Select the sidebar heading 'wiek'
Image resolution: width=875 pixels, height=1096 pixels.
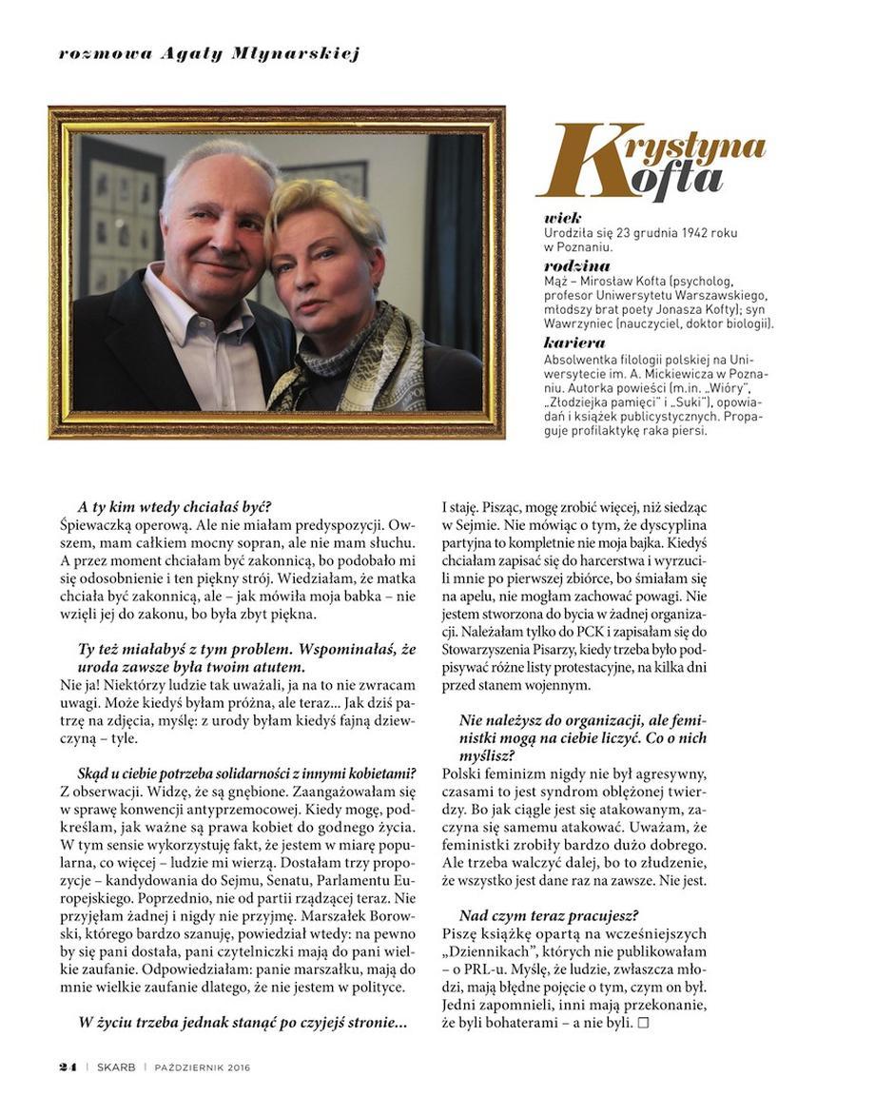pyautogui.click(x=563, y=218)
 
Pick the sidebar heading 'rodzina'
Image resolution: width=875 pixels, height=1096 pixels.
pyautogui.click(x=577, y=266)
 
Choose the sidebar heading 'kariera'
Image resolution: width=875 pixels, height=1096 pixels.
pyautogui.click(x=574, y=342)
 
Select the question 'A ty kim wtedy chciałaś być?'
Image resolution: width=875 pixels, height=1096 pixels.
pyautogui.click(x=181, y=507)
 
